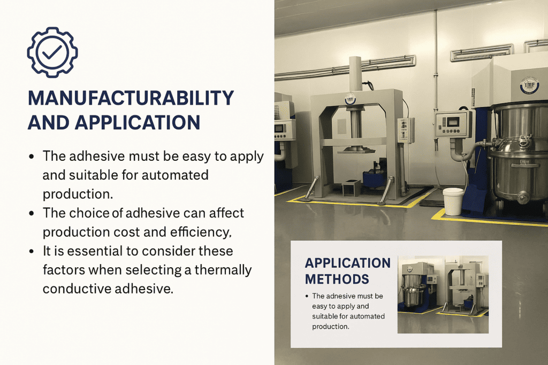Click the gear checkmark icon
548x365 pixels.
(52, 52)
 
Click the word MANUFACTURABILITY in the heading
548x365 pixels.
(131, 98)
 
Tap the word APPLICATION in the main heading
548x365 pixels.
(138, 122)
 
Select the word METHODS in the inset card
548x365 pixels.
(337, 278)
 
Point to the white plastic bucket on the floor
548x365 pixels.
(453, 201)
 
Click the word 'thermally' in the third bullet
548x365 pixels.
(223, 270)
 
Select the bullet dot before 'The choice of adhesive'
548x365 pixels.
(32, 213)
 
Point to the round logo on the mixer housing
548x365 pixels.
(529, 86)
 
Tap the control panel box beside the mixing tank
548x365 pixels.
(454, 124)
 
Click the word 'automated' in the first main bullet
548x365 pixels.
(173, 175)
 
